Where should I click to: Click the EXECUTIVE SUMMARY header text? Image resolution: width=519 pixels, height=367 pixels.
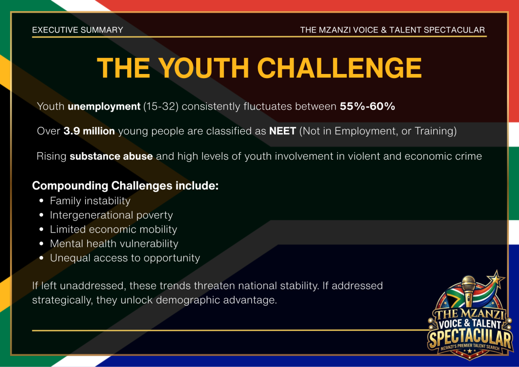78,30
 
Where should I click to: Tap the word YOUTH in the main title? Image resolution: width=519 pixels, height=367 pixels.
204,68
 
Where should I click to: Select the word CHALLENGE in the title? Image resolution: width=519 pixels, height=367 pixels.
339,68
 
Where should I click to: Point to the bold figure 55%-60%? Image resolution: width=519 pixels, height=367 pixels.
367,106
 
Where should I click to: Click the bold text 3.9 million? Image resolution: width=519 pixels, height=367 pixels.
89,131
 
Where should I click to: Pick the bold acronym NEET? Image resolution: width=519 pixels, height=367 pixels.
282,131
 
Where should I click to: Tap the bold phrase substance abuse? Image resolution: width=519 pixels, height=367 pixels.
111,156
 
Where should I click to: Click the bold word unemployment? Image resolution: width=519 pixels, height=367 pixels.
104,106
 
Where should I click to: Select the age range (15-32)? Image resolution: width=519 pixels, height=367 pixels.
161,106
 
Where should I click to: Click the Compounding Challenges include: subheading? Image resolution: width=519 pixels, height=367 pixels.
125,186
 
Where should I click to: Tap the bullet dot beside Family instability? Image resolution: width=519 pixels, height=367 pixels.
42,201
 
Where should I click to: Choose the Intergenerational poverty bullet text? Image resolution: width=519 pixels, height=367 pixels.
111,215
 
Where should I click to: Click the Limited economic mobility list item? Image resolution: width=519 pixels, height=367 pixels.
114,229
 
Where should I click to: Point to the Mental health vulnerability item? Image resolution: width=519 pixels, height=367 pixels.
114,243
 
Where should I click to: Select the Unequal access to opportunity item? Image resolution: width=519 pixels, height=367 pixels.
125,258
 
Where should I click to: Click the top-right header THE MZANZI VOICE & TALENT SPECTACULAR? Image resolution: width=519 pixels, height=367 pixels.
393,30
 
